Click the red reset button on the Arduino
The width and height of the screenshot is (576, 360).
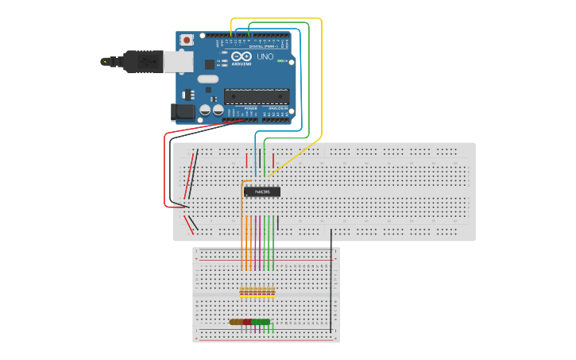187,39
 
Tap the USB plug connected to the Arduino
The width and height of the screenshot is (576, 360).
143,60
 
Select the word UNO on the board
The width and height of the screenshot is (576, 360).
265,56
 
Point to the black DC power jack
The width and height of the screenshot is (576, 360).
183,112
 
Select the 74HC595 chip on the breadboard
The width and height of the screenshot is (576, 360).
261,192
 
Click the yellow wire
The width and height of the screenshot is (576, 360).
321,79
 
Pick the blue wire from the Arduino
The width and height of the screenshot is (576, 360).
301,79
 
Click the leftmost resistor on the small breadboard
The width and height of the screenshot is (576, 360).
242,292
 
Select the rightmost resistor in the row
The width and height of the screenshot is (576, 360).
274,292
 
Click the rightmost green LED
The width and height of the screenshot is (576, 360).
266,322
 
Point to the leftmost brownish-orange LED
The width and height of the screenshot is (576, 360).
234,322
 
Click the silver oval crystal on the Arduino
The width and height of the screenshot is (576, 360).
207,79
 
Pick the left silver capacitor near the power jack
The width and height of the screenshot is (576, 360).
206,110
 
